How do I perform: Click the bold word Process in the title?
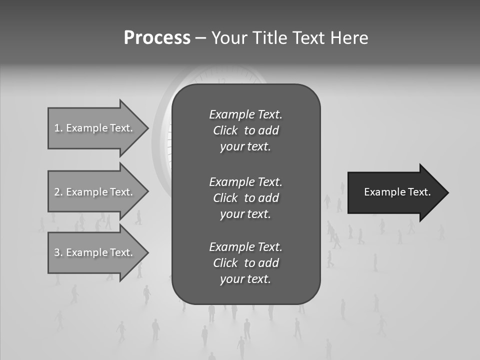157,38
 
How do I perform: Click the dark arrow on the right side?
395,192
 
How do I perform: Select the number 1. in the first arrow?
58,128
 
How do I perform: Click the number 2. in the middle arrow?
58,192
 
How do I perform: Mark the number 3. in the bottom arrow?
58,252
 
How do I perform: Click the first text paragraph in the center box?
245,130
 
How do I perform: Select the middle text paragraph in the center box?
245,198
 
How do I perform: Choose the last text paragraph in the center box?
245,263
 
